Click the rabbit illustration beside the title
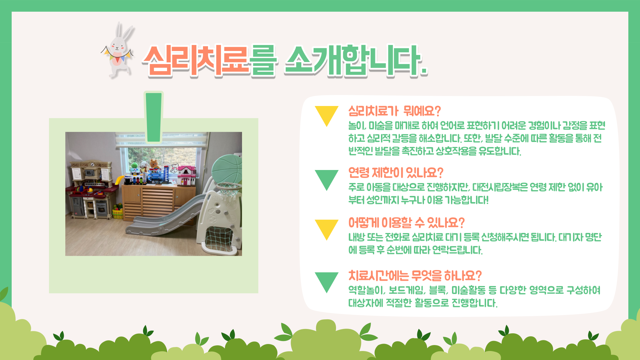point(117,50)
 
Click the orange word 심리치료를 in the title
point(209,60)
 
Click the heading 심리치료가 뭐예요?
point(395,111)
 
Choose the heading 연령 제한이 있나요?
point(396,173)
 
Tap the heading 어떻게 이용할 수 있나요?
point(406,222)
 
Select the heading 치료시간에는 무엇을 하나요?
point(415,276)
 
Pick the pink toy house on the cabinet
point(187,176)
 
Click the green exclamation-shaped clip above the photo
point(154,117)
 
